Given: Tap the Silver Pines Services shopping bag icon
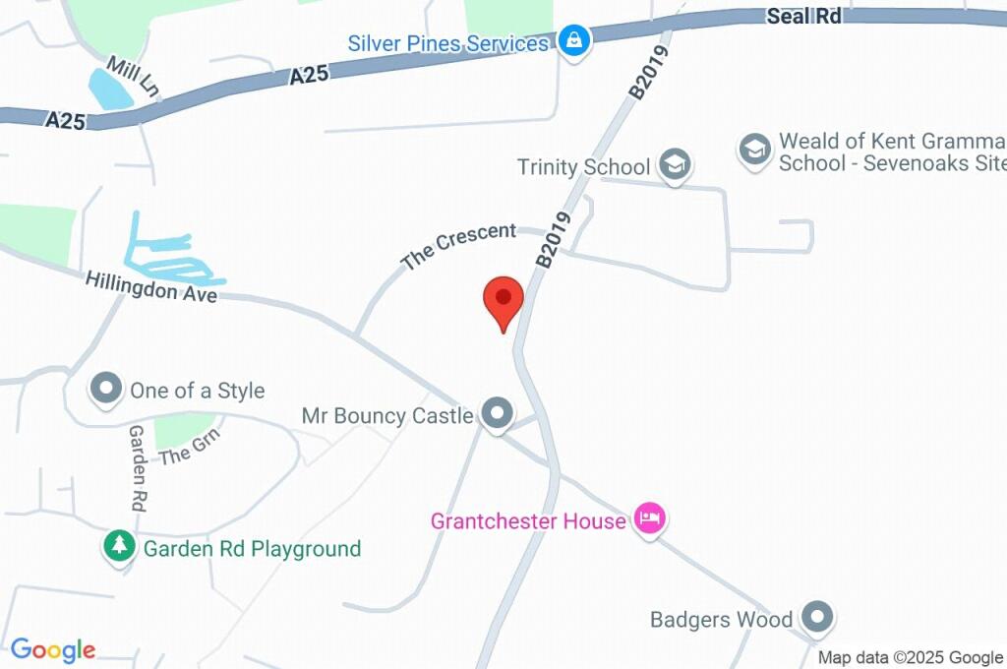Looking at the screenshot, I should [572, 41].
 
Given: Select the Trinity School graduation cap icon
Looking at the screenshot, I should [675, 165].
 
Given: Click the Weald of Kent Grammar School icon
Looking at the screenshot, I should [754, 150].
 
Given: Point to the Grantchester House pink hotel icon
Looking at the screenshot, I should [649, 518].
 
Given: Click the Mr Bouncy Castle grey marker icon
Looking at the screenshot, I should [498, 414].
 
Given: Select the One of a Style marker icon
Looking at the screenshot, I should [105, 390].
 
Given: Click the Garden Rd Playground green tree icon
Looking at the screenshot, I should [120, 547].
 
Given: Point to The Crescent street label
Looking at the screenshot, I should [459, 246].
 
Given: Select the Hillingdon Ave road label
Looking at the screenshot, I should [150, 287].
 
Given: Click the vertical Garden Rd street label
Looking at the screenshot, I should [137, 467].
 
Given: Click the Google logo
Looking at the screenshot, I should [53, 650].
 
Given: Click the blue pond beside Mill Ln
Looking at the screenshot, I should [110, 89].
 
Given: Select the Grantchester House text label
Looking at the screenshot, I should [528, 520].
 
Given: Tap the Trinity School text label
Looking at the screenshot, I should [584, 167].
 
